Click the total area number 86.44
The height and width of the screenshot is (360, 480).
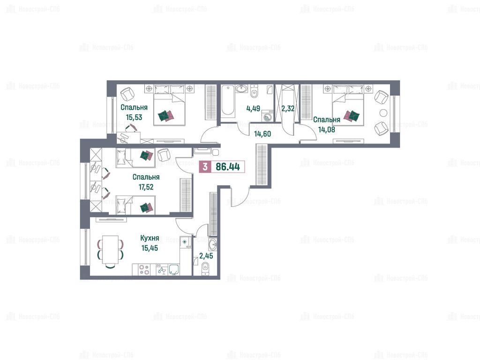(x=228, y=167)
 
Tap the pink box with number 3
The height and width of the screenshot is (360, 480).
(x=205, y=167)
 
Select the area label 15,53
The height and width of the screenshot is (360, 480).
(x=134, y=117)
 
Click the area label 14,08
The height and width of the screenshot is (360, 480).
(x=327, y=129)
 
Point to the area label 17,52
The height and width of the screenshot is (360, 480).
(x=146, y=187)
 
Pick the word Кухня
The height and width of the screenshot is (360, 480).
(x=150, y=238)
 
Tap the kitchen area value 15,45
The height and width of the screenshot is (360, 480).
(x=150, y=248)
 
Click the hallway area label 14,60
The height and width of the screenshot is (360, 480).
(x=262, y=134)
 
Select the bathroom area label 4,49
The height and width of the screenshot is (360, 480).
(x=253, y=108)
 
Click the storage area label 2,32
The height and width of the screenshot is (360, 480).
(x=288, y=108)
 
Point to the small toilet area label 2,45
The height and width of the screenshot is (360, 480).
(x=206, y=255)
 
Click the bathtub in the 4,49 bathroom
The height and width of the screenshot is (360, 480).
(x=228, y=101)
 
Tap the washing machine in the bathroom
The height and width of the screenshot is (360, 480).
(x=268, y=116)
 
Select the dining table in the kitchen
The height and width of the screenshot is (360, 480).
(x=111, y=249)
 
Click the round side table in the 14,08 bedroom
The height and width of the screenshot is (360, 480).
(x=383, y=112)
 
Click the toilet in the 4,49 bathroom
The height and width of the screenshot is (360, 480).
(x=254, y=91)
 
